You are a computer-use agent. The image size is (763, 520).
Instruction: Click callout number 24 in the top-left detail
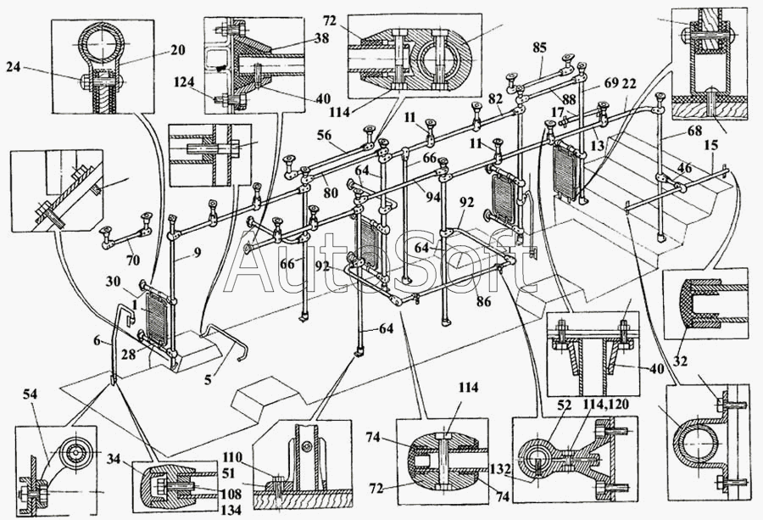pyautogui.click(x=13, y=67)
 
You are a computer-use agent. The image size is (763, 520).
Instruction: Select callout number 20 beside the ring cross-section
pyautogui.click(x=178, y=50)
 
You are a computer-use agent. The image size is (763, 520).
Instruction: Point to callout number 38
pyautogui.click(x=321, y=37)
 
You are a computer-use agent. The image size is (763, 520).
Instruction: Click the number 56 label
pyautogui.click(x=324, y=135)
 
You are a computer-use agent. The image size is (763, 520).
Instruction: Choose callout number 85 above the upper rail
pyautogui.click(x=539, y=48)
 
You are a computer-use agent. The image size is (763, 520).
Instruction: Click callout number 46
pyautogui.click(x=684, y=169)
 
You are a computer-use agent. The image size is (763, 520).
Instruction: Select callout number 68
pyautogui.click(x=695, y=131)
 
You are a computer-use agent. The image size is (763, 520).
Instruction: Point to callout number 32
pyautogui.click(x=680, y=361)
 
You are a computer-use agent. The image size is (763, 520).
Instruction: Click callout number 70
pyautogui.click(x=132, y=260)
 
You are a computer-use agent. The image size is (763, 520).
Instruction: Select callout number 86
pyautogui.click(x=484, y=302)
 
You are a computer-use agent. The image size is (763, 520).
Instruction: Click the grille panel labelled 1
pyautogui.click(x=157, y=320)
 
